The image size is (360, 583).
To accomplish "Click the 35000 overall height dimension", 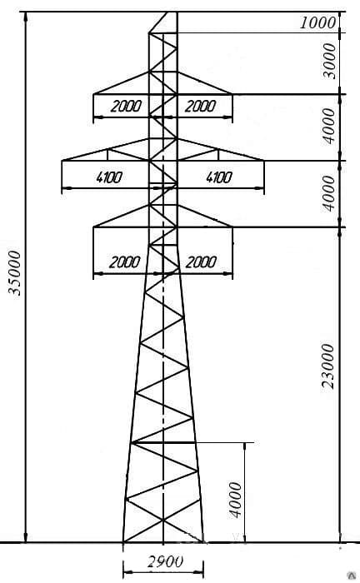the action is click(15, 273).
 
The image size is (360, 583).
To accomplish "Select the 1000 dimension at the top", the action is click(317, 23).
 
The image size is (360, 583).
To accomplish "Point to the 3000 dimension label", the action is click(329, 61).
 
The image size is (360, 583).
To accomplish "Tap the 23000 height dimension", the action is click(328, 366).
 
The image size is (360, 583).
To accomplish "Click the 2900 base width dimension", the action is click(165, 561).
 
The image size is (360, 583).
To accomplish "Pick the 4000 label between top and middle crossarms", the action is click(329, 126).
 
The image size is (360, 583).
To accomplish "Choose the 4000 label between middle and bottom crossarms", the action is click(329, 193).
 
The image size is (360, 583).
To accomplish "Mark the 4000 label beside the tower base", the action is click(235, 500).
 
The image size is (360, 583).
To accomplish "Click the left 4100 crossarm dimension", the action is click(108, 177).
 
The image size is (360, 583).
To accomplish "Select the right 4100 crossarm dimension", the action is click(219, 177).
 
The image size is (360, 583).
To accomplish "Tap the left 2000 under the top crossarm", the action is click(126, 107).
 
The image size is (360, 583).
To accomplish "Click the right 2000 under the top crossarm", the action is click(200, 107).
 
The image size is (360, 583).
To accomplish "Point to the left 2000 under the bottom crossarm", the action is click(125, 262).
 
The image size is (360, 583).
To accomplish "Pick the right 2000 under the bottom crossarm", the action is click(201, 262).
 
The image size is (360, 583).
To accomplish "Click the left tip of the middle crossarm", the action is click(62, 161).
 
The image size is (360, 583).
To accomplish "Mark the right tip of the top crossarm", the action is click(232, 94).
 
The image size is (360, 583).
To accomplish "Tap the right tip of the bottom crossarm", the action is click(232, 227).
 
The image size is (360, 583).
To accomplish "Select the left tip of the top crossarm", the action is click(93, 94).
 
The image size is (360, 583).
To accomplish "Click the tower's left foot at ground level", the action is click(123, 542).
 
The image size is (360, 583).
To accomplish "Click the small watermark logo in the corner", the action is click(352, 576).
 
